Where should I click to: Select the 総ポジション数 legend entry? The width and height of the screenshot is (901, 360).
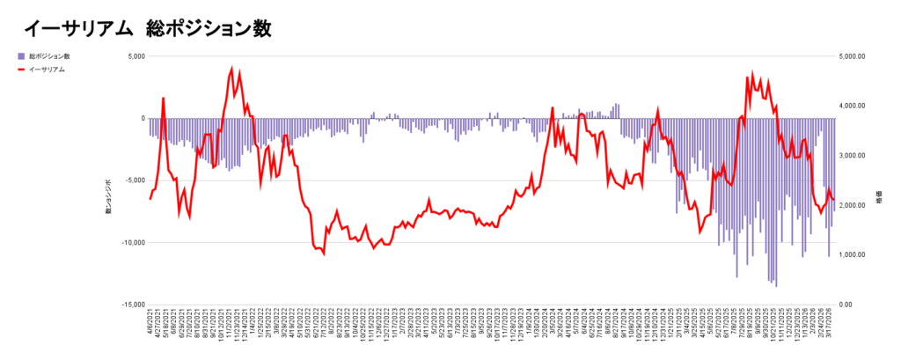[x=48, y=56]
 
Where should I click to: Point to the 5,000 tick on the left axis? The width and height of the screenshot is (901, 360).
[x=135, y=56]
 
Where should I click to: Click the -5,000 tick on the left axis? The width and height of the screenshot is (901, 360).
[x=134, y=180]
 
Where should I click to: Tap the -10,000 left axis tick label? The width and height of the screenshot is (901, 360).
[x=132, y=242]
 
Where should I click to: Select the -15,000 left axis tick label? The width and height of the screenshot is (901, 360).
[x=132, y=305]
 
